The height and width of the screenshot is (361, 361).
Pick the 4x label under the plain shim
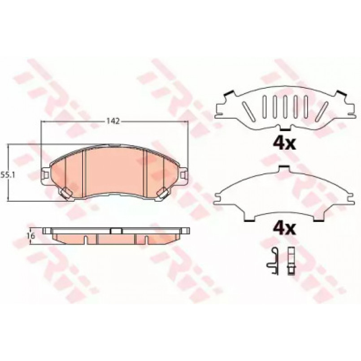[284, 229]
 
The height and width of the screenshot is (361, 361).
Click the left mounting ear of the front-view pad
[46, 175]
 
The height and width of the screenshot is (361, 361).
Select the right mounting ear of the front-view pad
[183, 175]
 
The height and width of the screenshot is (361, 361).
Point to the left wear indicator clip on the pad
[66, 193]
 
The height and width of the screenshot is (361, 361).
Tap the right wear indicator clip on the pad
[163, 193]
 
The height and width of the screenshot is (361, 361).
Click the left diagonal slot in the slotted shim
[248, 111]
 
